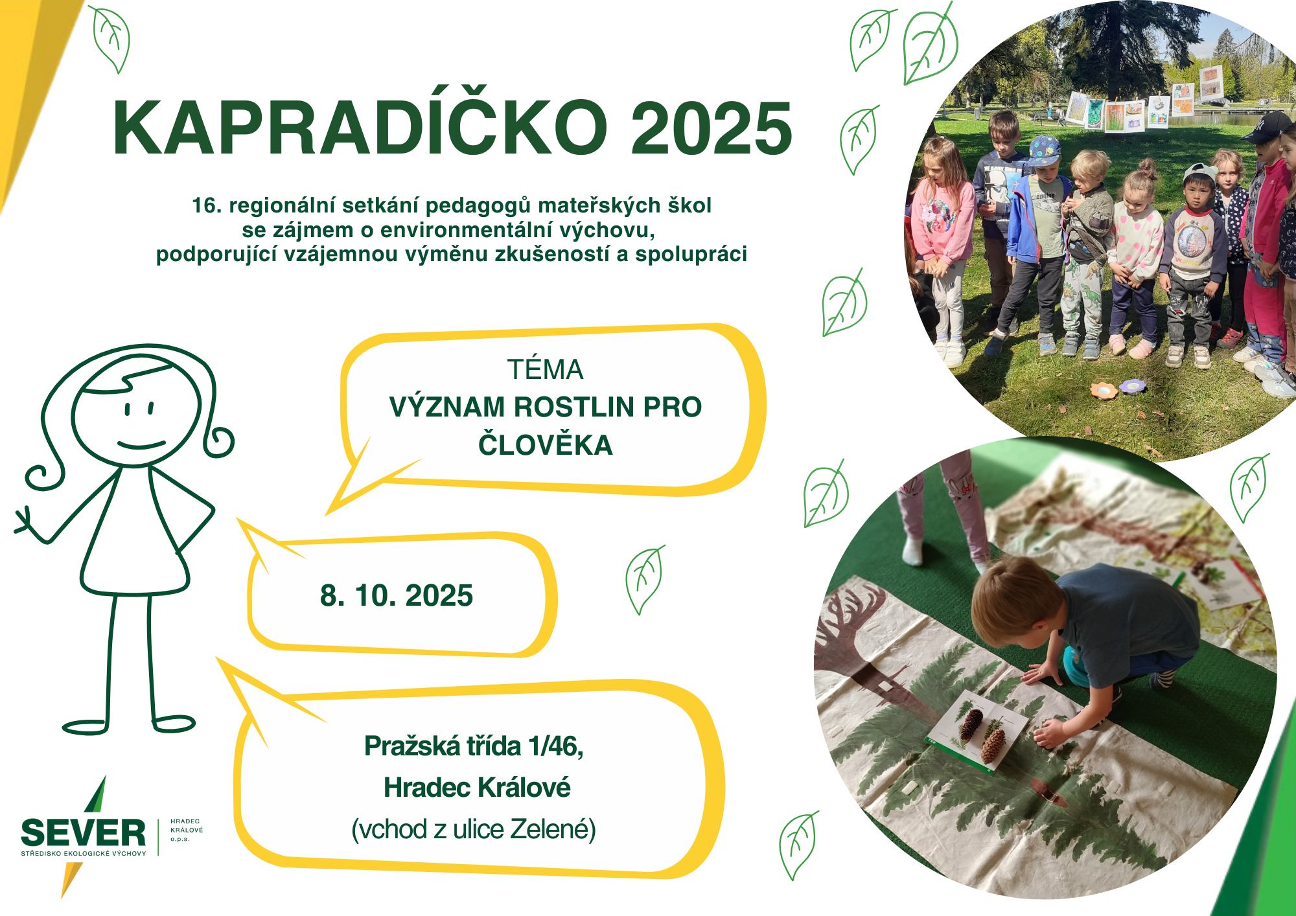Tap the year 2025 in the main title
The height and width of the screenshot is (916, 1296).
click(712, 128)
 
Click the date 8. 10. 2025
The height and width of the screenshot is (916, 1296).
click(397, 595)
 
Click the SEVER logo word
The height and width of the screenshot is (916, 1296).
click(84, 833)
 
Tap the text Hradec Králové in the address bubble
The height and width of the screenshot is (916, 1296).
click(477, 788)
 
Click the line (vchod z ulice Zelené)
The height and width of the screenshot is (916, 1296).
click(474, 829)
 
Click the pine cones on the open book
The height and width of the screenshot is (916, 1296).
click(982, 732)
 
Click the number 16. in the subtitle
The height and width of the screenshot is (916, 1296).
click(207, 205)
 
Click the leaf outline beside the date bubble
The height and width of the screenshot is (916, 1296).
click(644, 580)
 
